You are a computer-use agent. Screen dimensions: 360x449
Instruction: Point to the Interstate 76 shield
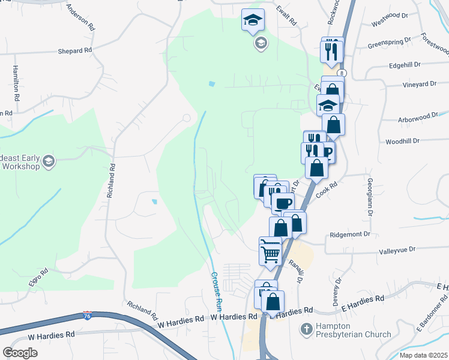coord(87,315)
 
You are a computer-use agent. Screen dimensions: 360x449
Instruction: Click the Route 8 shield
coord(341,73)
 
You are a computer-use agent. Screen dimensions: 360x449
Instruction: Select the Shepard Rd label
coord(74,51)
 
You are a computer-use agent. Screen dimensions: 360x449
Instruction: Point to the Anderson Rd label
coord(81,17)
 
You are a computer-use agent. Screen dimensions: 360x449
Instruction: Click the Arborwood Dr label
coord(418,119)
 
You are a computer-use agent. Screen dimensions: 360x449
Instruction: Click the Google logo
coord(20,352)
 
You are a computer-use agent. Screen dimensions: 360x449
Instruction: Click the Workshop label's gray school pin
coord(49,161)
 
